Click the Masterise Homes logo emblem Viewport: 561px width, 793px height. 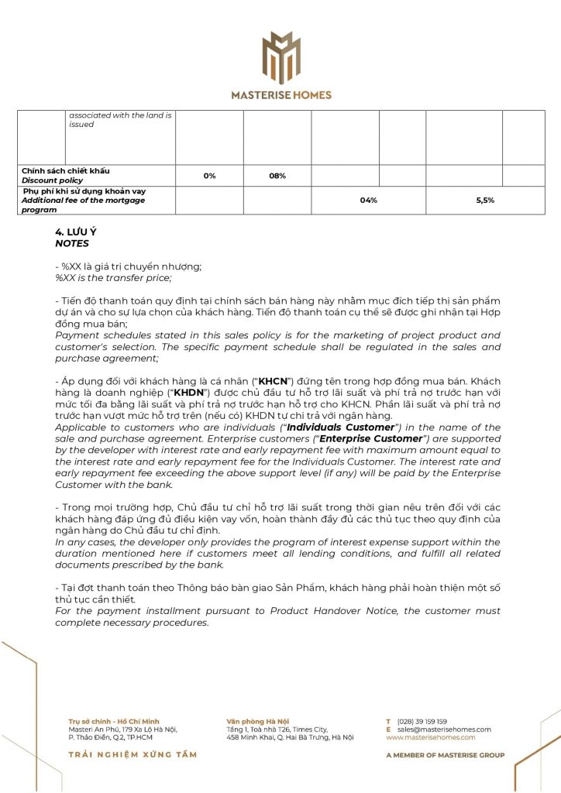280,58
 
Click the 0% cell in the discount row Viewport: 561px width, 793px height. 209,176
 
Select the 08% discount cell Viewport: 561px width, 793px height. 277,176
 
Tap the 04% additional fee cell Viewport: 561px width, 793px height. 369,201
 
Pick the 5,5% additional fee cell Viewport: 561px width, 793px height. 485,201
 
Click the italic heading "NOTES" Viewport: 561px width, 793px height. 72,243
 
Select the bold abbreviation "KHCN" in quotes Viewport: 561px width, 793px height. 273,383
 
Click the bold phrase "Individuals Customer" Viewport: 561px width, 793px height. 341,427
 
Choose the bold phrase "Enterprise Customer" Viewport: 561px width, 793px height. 380,438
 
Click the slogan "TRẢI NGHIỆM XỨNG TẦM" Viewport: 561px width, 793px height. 133,754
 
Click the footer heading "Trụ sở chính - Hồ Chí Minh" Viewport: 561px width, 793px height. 113,721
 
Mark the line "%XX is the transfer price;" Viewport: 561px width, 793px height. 113,277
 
